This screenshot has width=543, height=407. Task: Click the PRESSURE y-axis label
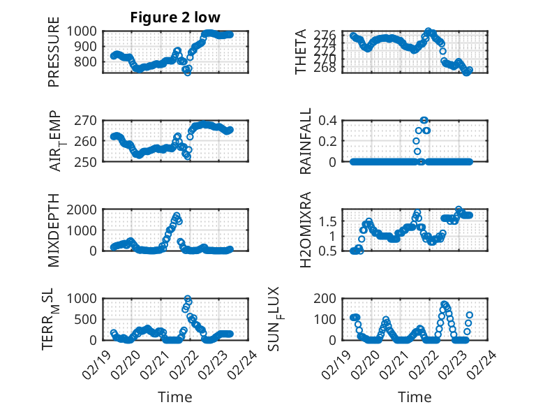point(54,57)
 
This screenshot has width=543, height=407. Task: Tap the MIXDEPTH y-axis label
point(54,230)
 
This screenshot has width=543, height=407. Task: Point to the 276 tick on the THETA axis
point(329,35)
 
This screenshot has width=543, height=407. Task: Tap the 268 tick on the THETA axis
point(329,68)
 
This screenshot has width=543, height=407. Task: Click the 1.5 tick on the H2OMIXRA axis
point(332,221)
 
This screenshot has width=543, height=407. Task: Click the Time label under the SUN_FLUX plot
point(415,397)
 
